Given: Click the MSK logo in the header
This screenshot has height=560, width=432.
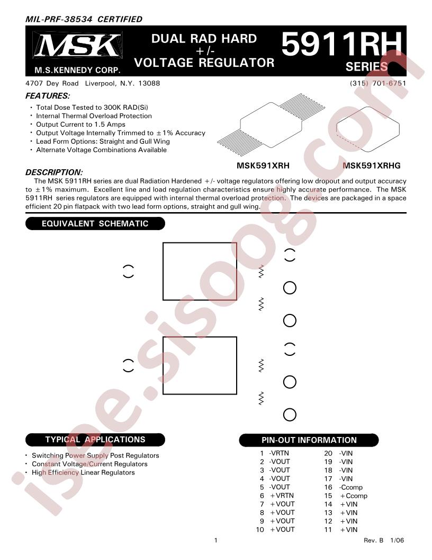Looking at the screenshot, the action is click(77, 45).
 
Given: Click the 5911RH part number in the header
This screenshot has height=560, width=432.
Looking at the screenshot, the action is click(341, 43).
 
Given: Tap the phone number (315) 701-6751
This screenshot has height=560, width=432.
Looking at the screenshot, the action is click(378, 83).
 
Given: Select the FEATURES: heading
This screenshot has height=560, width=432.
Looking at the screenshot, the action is click(48, 95).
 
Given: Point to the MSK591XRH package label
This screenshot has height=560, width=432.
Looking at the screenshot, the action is click(263, 165).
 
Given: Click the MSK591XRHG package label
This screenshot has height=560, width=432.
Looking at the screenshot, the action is click(372, 165).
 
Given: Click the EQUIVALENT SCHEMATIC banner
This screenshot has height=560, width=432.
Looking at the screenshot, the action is click(95, 224).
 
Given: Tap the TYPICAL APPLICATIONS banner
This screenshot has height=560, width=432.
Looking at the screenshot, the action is click(95, 440).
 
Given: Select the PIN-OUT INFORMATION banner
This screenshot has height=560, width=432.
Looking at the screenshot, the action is click(309, 440).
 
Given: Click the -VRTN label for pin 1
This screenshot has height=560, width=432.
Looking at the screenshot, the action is click(279, 453).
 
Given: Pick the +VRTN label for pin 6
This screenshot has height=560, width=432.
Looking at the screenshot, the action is click(282, 496).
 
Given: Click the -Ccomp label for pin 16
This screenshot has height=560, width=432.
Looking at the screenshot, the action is click(350, 487).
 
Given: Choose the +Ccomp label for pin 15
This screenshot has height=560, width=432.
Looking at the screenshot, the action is click(354, 496).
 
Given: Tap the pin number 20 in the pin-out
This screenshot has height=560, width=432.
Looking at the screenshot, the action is click(328, 453).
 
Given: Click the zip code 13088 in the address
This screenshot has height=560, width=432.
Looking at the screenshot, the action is click(149, 83).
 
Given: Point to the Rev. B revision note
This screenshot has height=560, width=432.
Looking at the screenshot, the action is click(374, 540).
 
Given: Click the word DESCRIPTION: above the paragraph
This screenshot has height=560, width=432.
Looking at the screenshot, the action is click(54, 172).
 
